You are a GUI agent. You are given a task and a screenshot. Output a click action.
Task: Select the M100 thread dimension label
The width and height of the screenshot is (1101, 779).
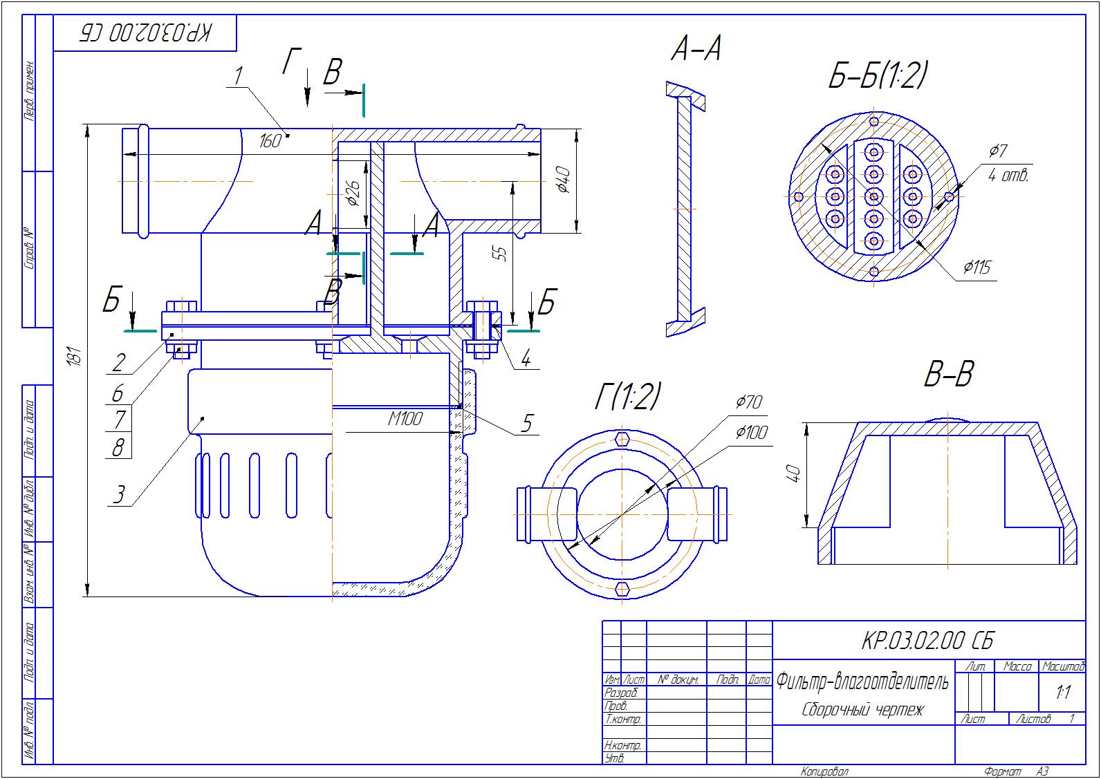[x=405, y=419]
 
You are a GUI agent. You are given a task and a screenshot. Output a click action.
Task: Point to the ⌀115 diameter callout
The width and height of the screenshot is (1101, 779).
[x=978, y=267]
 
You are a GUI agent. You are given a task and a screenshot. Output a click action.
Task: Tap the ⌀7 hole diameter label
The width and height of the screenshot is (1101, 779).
[x=999, y=150]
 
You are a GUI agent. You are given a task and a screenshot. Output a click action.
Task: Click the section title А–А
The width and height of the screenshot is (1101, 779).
[x=696, y=50]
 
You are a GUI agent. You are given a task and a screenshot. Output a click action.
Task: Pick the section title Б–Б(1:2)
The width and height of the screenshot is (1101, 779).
[x=878, y=75]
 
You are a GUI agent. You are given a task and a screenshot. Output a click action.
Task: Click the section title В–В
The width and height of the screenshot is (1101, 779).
[x=948, y=375]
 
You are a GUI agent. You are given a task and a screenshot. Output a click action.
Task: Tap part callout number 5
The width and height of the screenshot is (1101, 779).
[x=527, y=422]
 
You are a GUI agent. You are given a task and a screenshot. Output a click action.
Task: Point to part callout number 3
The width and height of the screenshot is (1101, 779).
[x=119, y=494]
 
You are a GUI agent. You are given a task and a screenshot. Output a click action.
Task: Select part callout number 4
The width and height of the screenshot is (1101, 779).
[x=526, y=359]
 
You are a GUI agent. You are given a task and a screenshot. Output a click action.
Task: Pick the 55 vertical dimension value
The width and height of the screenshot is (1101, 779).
[x=503, y=254]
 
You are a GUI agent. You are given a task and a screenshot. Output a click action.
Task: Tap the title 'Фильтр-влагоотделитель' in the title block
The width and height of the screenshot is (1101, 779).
[x=862, y=682]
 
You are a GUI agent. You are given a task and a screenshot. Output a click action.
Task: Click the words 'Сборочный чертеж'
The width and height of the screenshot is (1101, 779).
[x=862, y=709]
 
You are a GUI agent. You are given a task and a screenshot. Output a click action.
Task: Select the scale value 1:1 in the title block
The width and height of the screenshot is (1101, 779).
[x=1063, y=692]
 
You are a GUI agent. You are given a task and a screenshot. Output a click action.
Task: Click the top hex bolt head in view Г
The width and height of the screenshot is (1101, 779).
[x=623, y=439]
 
